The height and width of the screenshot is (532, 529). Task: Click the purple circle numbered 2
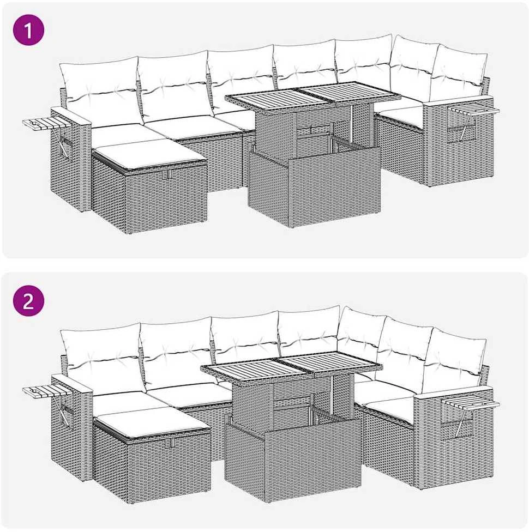point(28,300)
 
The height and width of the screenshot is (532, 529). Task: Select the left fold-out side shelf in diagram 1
point(47,124)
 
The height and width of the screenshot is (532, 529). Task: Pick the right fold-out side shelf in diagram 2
point(471,403)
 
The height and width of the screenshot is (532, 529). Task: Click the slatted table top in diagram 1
point(312,96)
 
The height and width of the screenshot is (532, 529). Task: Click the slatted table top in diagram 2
point(292,371)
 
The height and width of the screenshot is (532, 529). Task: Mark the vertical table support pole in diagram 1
point(352,124)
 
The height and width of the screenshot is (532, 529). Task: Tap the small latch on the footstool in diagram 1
point(169,174)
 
